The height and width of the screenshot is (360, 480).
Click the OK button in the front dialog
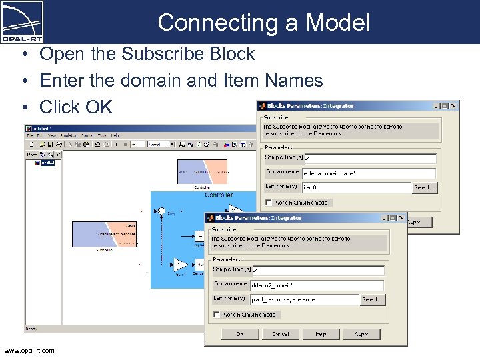coord(240,334)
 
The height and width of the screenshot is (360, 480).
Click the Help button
coord(321,334)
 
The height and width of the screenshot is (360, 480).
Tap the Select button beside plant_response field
coord(373,300)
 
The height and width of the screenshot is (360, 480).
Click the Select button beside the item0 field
coord(425,188)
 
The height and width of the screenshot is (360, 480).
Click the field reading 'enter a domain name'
coord(369,173)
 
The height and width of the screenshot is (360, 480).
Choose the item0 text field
coord(357,188)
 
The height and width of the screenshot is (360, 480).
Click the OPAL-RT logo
coord(23,21)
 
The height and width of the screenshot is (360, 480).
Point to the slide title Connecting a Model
coord(263,23)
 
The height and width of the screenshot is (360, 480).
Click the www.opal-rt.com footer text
coord(29,351)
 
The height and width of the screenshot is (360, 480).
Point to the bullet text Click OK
coord(76,107)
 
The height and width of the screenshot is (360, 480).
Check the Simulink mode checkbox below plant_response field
coord(217,315)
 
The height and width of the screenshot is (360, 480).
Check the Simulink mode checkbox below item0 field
coord(269,203)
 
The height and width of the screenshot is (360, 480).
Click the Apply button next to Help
coord(361,334)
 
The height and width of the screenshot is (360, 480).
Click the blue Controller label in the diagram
coord(219,195)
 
